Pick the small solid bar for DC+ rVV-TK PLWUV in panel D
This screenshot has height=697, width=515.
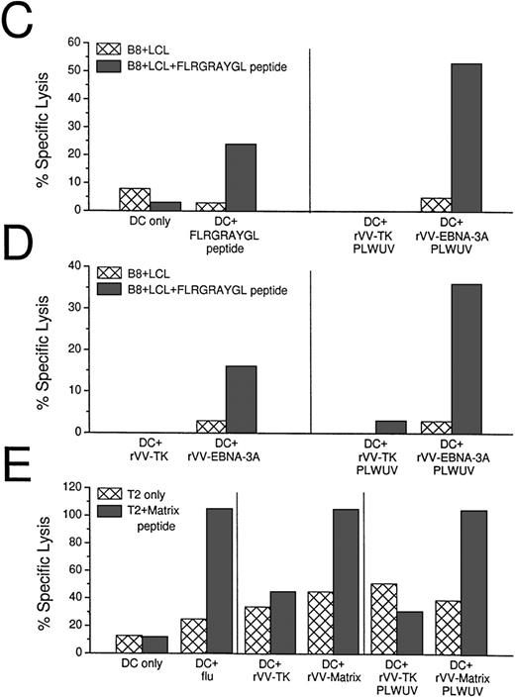[393, 427]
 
